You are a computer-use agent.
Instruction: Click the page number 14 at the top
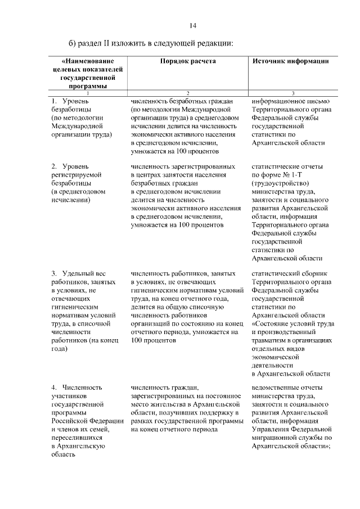pos(193,25)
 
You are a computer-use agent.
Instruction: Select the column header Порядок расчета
pos(188,61)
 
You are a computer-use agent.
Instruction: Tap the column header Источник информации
pos(291,61)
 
